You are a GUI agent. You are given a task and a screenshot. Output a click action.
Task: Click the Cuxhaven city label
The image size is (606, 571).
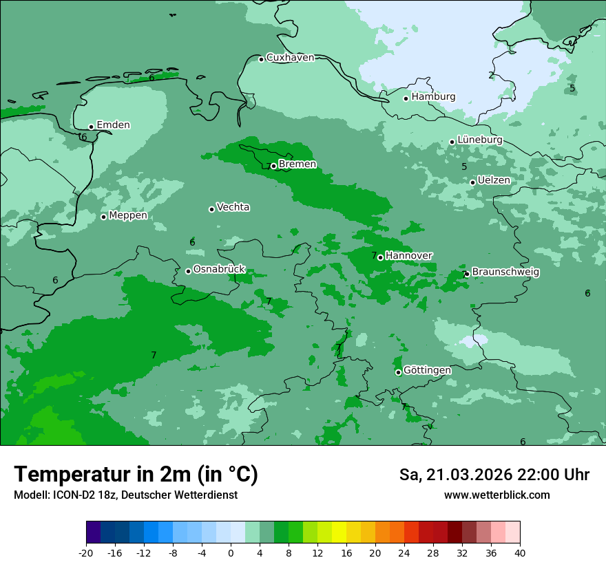[x=290, y=58]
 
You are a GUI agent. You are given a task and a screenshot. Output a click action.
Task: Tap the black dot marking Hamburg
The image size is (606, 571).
[x=406, y=98]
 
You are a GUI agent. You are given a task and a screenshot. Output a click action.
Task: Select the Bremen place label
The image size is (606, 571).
[x=297, y=164]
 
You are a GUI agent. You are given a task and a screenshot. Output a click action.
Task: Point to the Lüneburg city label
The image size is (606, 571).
[x=480, y=140]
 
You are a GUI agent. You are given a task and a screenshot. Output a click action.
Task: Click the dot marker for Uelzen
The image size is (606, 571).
[x=472, y=182]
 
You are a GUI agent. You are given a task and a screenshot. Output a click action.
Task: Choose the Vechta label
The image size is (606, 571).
[x=233, y=207]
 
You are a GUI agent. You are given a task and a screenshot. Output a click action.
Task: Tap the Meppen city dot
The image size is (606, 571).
[x=103, y=217]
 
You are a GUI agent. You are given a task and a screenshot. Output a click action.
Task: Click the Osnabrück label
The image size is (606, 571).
[x=219, y=270]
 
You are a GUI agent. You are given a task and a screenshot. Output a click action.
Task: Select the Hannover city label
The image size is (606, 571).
[x=409, y=256]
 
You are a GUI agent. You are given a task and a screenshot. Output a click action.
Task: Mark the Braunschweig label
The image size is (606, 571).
[x=505, y=272]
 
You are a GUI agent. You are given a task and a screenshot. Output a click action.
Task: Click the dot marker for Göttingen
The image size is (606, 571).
[x=398, y=372]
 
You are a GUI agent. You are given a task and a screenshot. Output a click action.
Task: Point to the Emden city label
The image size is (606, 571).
[x=113, y=125]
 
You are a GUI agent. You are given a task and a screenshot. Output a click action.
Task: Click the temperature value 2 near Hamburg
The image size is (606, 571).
[x=491, y=76]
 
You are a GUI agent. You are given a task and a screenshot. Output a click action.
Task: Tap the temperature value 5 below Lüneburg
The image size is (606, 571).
[x=464, y=166]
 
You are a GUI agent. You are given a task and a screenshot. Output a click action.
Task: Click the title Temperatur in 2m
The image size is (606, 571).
[x=136, y=474]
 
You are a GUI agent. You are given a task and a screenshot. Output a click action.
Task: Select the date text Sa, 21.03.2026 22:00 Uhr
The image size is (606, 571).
[x=494, y=475]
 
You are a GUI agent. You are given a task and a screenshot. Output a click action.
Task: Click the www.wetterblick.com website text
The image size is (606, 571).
[x=497, y=495]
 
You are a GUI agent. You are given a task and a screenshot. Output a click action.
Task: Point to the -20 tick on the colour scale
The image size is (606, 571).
[x=86, y=553]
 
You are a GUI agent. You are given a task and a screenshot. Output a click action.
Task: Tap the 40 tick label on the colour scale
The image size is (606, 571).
[x=520, y=553]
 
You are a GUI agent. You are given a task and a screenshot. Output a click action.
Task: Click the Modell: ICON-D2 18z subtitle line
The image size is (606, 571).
[x=125, y=495]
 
